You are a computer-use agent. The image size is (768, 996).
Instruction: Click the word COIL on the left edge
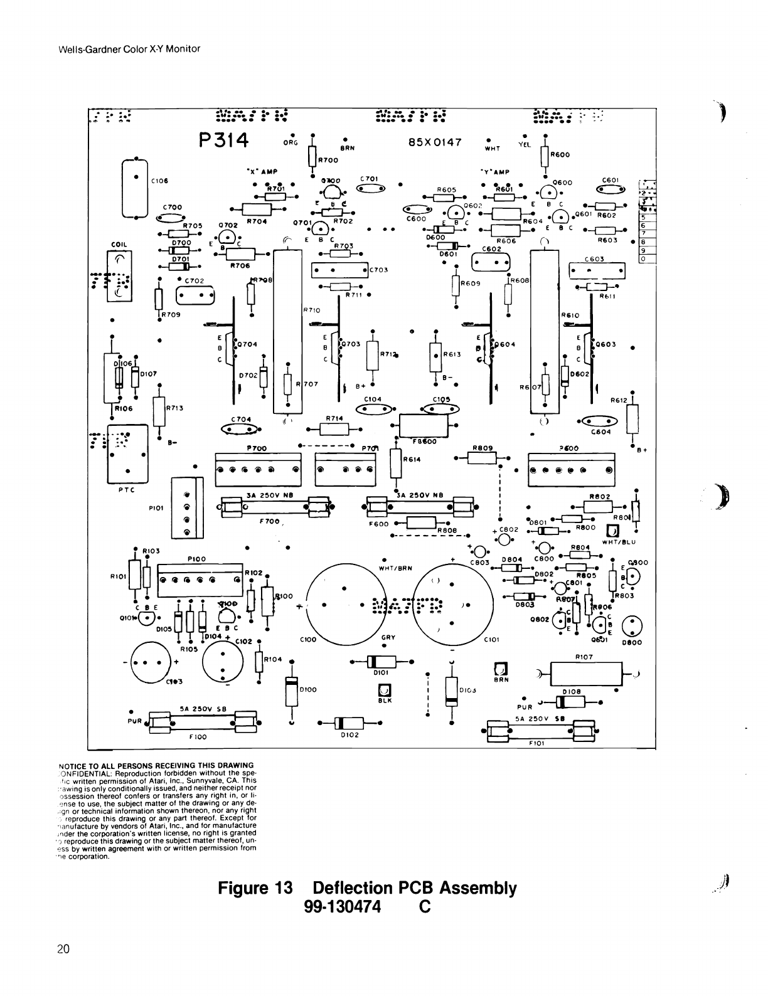point(119,245)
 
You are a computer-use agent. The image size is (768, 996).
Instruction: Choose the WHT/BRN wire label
point(395,568)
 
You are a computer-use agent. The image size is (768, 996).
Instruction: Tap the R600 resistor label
point(560,154)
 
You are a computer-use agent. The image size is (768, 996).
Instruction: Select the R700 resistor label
point(328,161)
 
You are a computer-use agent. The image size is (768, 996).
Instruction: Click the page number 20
point(63,948)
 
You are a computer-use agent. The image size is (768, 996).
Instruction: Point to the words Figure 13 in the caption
point(255,889)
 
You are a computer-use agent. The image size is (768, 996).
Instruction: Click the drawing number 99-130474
point(343,907)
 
